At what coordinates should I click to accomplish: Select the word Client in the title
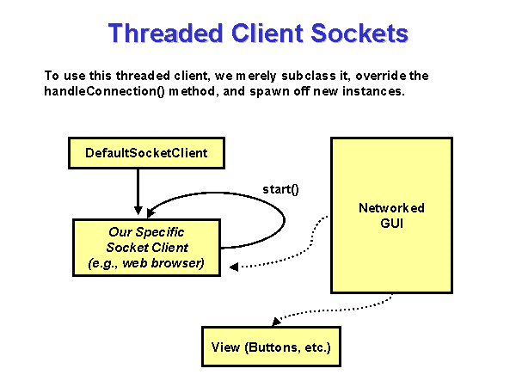coord(270,34)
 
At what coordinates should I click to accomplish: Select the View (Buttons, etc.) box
coord(271,348)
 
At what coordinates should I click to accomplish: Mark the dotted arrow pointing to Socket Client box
coord(292,258)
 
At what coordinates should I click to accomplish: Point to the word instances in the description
coord(377,91)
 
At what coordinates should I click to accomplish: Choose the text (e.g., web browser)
coord(146,262)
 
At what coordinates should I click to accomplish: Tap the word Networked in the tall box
coord(391,208)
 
